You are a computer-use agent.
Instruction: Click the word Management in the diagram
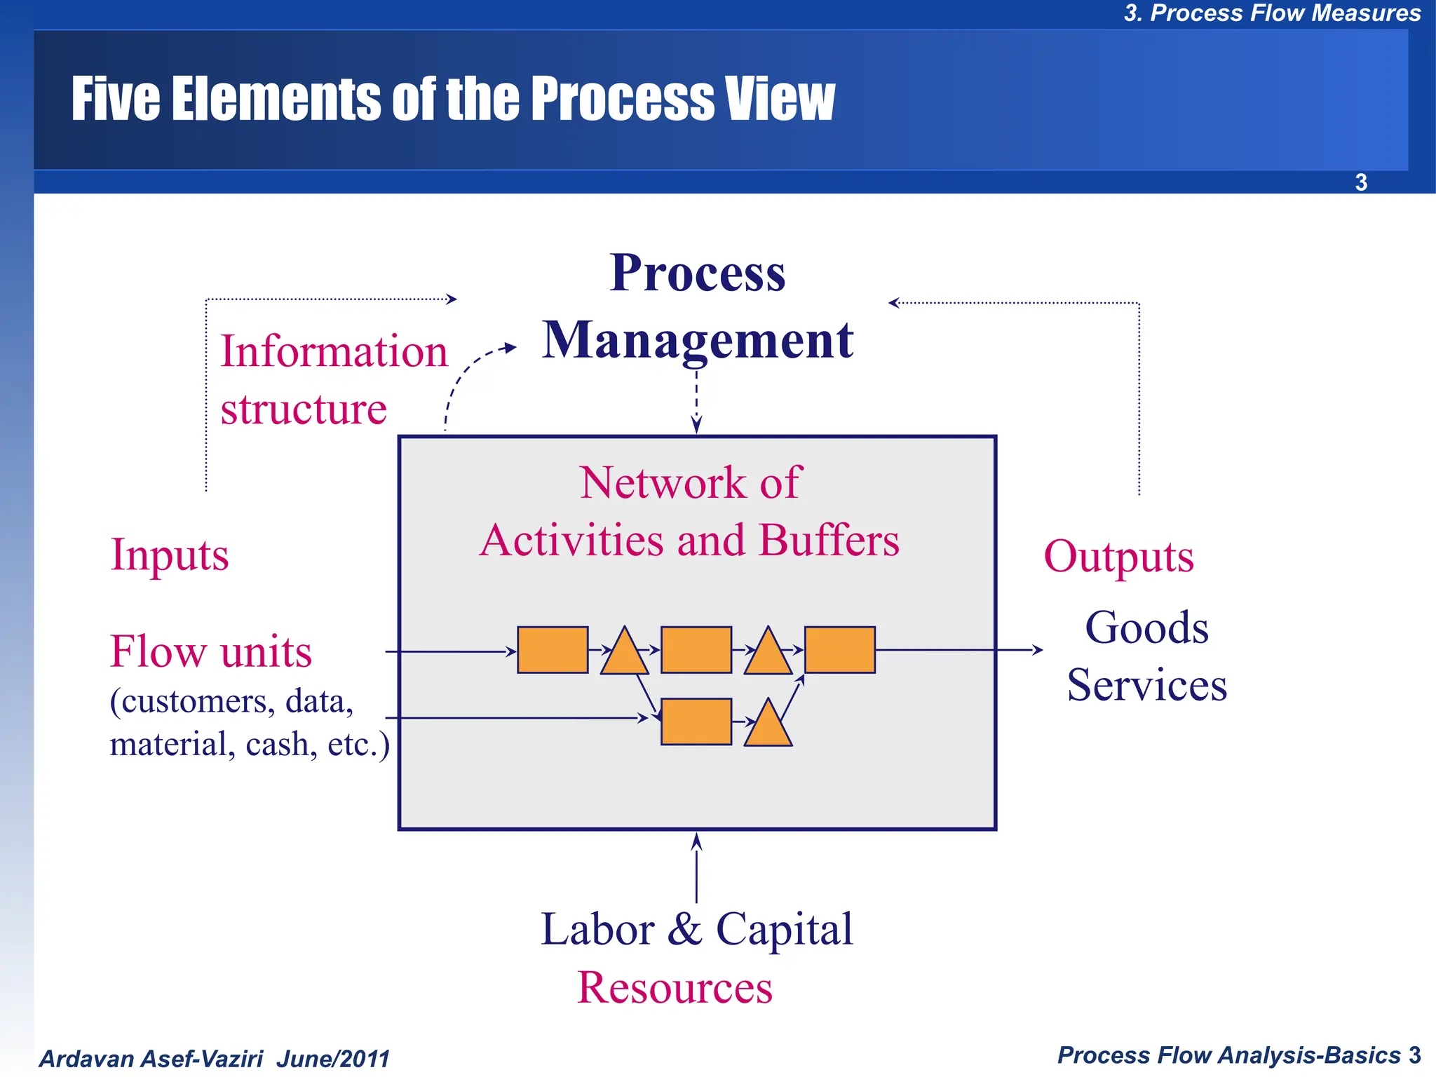(698, 340)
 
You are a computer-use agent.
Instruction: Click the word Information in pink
(334, 351)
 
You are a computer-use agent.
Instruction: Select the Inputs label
(170, 555)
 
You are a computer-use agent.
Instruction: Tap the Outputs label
(1118, 557)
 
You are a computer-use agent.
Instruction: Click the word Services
(1146, 685)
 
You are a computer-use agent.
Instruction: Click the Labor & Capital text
(696, 929)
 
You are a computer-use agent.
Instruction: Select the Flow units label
(210, 651)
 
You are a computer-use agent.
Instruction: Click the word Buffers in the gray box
(829, 541)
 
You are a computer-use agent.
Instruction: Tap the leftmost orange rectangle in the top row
(553, 650)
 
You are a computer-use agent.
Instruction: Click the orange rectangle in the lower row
(696, 722)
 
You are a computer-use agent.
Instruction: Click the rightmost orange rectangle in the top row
(839, 650)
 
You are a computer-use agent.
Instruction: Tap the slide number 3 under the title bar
(1361, 182)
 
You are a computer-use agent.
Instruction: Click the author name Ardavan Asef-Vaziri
(151, 1059)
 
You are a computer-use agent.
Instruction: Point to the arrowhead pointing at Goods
(1038, 650)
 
